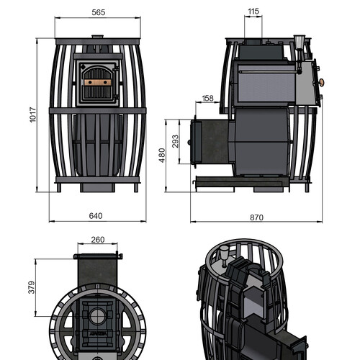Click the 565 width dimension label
pos(99,12)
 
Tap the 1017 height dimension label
pos(33,115)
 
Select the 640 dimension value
pos(96,216)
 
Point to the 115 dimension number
pos(253,12)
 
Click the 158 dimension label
pos(207,98)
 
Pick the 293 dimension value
pos(176,141)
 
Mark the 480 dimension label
pos(162,156)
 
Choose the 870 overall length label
pos(256,217)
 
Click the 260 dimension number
pos(98,240)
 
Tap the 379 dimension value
pos(32,287)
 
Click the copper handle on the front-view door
pos(98,83)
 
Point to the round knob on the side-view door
pos(321,82)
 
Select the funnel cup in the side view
pos(300,42)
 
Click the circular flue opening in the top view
pos(98,316)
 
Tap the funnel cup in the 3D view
pos(225,253)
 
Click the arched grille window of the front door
pos(98,83)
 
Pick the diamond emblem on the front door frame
pos(83,66)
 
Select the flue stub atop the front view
pos(97,37)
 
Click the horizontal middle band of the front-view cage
pos(97,111)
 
